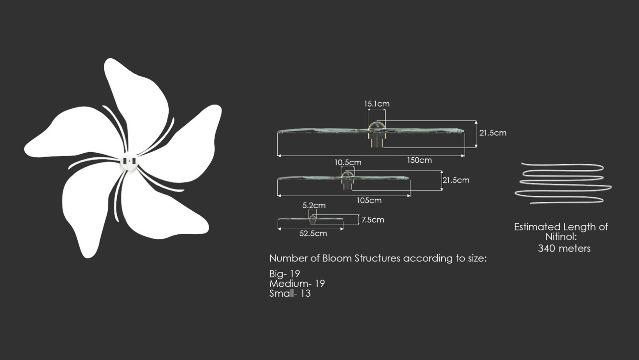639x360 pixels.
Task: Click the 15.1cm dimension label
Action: point(377,104)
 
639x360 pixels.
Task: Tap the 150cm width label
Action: point(419,160)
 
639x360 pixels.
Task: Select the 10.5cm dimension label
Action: point(348,163)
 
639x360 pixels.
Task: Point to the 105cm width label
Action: point(369,200)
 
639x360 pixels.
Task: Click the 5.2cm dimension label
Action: point(314,205)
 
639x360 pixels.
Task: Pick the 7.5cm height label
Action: point(373,220)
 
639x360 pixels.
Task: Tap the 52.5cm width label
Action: point(313,233)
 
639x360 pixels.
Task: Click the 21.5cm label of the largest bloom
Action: point(493,133)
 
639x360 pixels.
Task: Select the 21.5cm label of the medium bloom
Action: point(456,180)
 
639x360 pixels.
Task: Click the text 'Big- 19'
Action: point(285,274)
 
